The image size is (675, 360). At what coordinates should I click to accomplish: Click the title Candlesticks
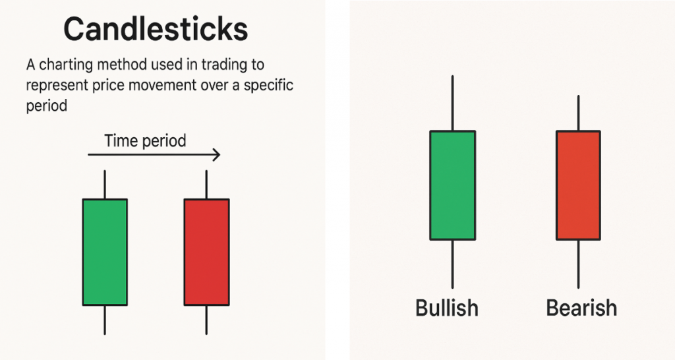tap(156, 30)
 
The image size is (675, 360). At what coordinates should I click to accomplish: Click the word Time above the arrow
tap(119, 140)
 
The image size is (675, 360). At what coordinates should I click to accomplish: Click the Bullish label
tap(446, 308)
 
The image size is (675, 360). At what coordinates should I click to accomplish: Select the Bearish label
tap(581, 308)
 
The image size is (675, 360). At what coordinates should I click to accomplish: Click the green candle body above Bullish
tap(452, 185)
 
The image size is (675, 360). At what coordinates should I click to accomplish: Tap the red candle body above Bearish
tap(578, 185)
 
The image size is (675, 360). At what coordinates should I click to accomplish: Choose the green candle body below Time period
tap(105, 252)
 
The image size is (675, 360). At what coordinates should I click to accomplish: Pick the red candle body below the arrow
tap(206, 252)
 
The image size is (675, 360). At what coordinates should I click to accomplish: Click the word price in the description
tap(105, 86)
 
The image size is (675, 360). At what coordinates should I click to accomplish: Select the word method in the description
tap(117, 66)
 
